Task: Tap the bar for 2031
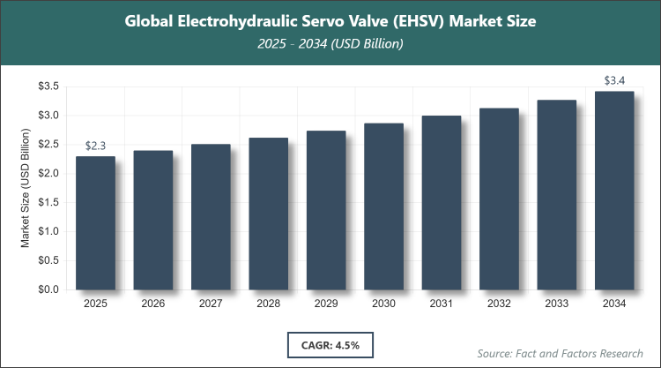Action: tap(441, 202)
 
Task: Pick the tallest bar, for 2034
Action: tap(614, 191)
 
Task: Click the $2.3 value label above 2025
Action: tap(95, 146)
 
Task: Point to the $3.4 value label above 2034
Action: tap(614, 81)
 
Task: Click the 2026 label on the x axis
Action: tap(152, 304)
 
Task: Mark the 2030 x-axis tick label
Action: tap(383, 304)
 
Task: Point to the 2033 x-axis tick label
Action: tap(556, 304)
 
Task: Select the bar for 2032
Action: tap(499, 199)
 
